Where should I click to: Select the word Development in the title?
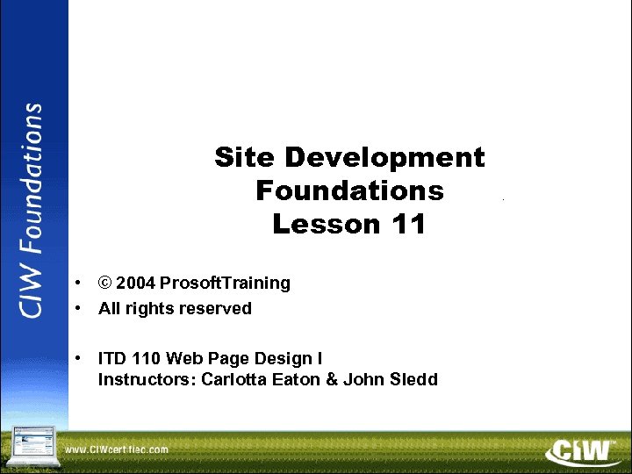click(385, 158)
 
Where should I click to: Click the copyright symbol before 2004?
click(105, 283)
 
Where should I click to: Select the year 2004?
click(135, 283)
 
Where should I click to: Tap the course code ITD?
click(111, 358)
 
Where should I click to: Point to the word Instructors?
click(147, 379)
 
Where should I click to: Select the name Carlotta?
click(233, 379)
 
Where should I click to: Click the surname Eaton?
click(294, 379)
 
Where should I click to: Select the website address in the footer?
click(116, 449)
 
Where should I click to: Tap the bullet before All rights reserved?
click(79, 308)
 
